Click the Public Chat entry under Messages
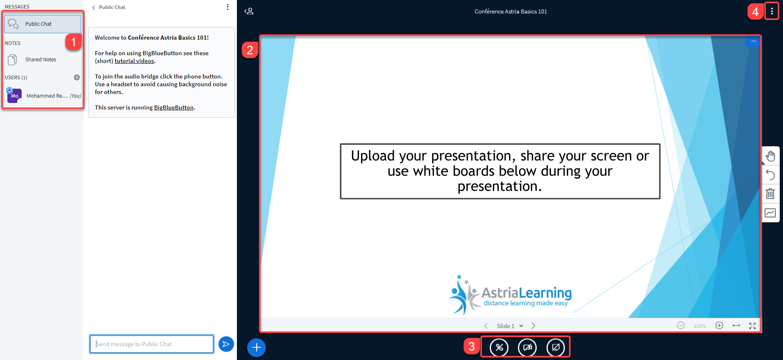tap(42, 24)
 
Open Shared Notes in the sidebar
tap(40, 60)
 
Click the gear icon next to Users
tap(77, 77)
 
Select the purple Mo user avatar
tap(14, 95)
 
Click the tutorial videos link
tap(134, 61)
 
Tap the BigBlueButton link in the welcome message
tap(174, 107)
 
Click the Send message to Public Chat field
tap(152, 344)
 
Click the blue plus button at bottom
tap(257, 347)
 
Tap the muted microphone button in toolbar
tap(499, 347)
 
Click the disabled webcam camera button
tap(527, 347)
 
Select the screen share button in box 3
tap(555, 347)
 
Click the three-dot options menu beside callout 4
tap(772, 11)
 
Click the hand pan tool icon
tap(770, 156)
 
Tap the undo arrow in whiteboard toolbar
tap(770, 175)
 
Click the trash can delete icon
tap(770, 194)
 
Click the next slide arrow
tap(533, 326)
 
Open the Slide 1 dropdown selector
tap(510, 326)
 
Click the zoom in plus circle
tap(719, 325)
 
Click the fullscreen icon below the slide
tap(752, 326)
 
